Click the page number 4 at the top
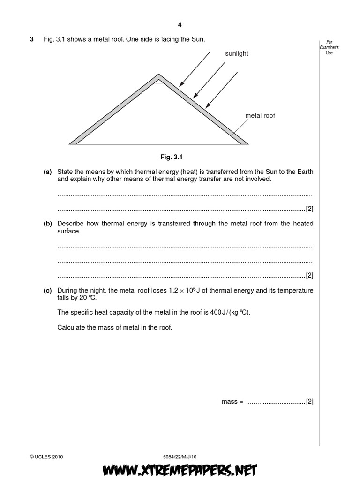tap(180, 26)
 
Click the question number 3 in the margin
tap(32, 40)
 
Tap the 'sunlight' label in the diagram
tap(237, 54)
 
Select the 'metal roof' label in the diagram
tap(260, 115)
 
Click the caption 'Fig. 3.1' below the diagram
tap(180, 157)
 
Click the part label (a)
tap(47, 172)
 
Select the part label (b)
tap(47, 224)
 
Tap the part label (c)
tap(47, 291)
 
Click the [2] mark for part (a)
tap(309, 209)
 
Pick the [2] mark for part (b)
tap(309, 275)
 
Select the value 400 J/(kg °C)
tap(227, 312)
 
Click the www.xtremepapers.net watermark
tap(180, 469)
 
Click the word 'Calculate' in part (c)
tap(71, 327)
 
